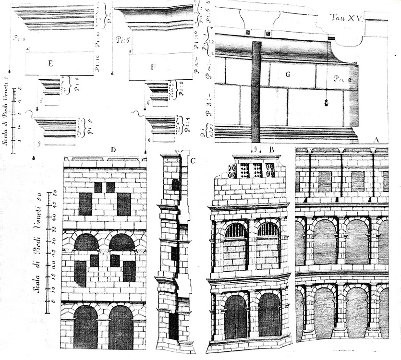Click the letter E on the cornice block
[x=50, y=63]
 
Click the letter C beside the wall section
[x=192, y=160]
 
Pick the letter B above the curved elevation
[x=271, y=150]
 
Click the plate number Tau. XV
[x=348, y=18]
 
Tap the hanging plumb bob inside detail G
[x=326, y=103]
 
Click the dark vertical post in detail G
[x=256, y=91]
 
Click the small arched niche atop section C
[x=175, y=185]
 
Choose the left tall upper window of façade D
[x=85, y=204]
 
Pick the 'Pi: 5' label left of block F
[x=122, y=40]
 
